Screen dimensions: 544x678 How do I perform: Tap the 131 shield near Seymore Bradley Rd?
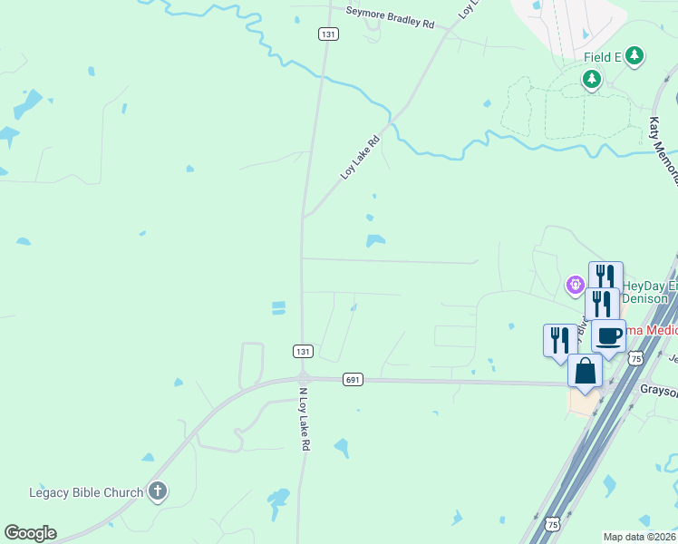click(328, 34)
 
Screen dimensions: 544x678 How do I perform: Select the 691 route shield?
click(353, 379)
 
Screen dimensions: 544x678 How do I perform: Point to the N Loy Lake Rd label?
click(305, 421)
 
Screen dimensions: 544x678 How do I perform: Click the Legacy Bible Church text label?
click(86, 493)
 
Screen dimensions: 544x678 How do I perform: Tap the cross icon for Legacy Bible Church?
click(158, 492)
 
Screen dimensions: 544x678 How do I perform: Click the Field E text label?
click(602, 56)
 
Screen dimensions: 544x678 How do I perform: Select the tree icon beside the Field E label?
click(634, 56)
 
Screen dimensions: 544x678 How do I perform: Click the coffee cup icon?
click(608, 335)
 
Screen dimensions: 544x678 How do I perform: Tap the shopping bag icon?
click(586, 370)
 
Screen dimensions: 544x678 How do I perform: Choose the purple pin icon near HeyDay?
click(575, 287)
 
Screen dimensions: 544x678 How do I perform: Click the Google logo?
click(30, 533)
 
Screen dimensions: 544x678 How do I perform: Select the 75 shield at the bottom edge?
click(552, 524)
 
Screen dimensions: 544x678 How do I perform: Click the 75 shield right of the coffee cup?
click(636, 358)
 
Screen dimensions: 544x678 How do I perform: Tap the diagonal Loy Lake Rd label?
click(359, 157)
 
